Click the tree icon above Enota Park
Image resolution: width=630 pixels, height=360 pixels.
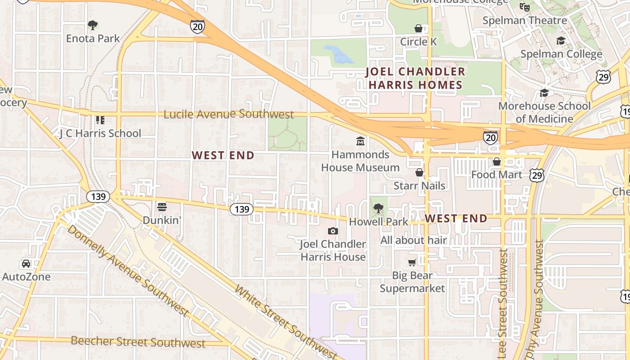[93, 25]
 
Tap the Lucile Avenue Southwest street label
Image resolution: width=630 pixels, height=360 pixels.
[228, 114]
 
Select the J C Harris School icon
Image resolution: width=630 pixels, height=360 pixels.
[100, 120]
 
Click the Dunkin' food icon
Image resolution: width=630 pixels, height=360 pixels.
[162, 207]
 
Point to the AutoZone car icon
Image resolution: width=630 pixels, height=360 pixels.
[26, 264]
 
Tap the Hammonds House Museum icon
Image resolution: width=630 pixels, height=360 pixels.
[360, 142]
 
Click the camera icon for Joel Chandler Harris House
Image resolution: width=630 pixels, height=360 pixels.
[333, 231]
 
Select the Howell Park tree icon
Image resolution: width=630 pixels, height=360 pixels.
[378, 208]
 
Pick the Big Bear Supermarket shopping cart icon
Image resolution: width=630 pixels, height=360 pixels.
[412, 262]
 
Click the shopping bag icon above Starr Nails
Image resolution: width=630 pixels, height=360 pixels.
[419, 172]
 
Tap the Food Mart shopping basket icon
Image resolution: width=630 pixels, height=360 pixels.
[497, 162]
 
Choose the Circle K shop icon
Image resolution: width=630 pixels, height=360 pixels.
[418, 29]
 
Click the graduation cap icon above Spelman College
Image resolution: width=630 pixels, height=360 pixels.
[561, 41]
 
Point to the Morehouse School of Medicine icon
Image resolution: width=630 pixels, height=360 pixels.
[544, 93]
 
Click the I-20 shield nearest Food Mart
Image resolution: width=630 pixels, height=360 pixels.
[490, 137]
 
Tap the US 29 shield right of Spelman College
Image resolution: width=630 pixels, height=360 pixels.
[604, 77]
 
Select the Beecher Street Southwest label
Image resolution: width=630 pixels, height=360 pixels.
[138, 342]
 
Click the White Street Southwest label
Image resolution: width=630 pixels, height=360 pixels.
[285, 322]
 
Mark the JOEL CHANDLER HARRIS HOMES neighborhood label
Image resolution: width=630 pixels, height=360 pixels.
[415, 78]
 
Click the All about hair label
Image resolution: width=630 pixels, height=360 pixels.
[414, 240]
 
